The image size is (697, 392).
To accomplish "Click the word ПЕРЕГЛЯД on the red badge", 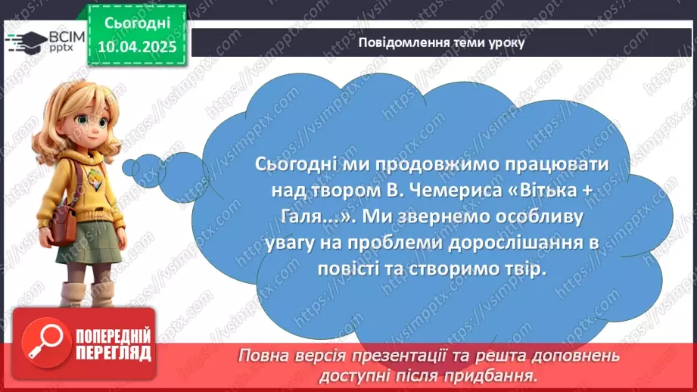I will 110,353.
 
